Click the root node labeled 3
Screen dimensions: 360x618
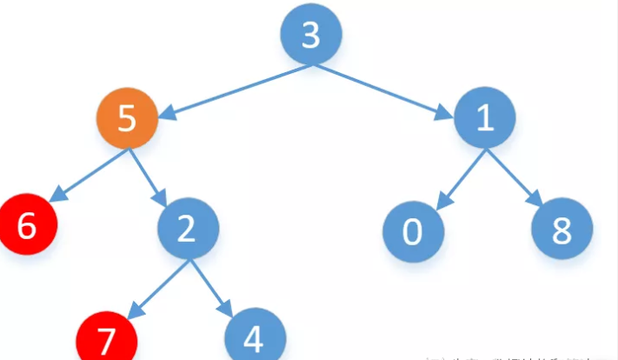310,35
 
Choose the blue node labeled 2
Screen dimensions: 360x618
188,230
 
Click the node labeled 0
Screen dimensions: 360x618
413,230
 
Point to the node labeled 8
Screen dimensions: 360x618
562,230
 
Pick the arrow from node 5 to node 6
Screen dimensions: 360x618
87,175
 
